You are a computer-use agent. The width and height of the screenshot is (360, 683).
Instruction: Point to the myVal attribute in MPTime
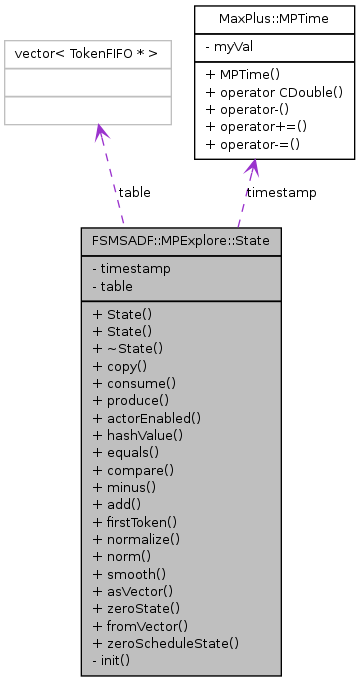coord(236,46)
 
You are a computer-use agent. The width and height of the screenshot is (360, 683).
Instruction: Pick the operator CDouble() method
coord(273,92)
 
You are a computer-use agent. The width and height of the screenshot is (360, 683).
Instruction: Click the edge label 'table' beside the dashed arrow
coord(134,191)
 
